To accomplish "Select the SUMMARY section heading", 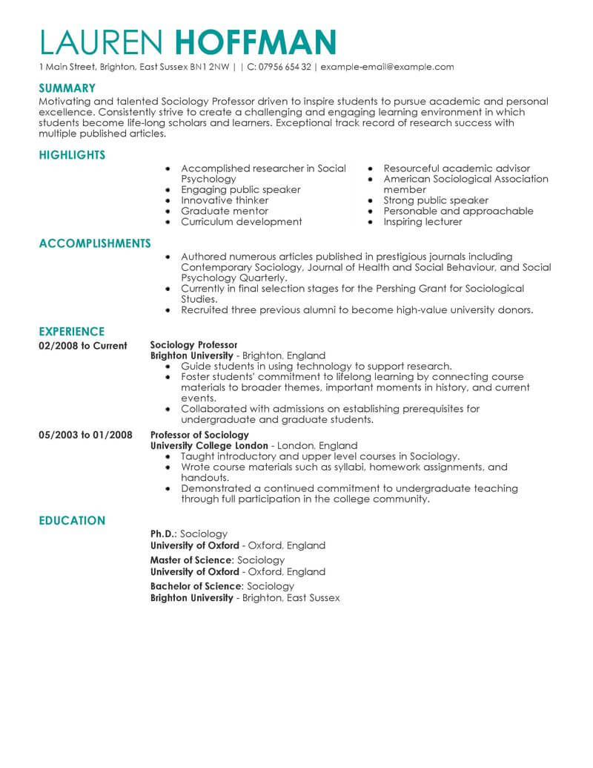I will click(67, 88).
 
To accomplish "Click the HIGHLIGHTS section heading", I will click(72, 155).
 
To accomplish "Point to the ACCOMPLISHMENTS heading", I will click(94, 243).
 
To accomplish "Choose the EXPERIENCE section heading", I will click(71, 332).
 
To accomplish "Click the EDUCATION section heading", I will click(72, 521).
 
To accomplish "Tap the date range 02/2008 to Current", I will click(82, 346).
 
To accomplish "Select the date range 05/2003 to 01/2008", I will click(85, 435).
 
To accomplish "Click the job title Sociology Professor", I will click(193, 346).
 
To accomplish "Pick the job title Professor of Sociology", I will click(199, 435).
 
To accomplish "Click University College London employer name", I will click(210, 445).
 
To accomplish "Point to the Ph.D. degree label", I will click(162, 534).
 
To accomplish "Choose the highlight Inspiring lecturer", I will click(423, 222).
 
